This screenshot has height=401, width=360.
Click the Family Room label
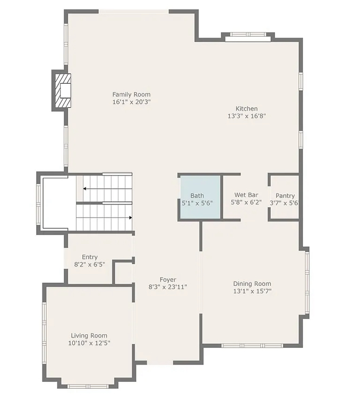coord(131,94)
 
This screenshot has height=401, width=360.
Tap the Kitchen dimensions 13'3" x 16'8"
coord(246,116)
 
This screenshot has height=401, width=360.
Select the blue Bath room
coord(200,197)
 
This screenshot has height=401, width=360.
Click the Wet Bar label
coord(246,195)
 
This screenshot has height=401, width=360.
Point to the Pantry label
coord(285,196)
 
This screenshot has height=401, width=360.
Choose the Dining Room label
coord(252,284)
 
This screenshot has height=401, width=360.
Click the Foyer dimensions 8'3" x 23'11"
coord(168,287)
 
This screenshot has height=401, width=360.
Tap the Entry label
coord(90,257)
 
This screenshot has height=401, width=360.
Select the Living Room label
coord(89,336)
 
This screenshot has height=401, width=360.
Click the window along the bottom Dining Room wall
coord(252,346)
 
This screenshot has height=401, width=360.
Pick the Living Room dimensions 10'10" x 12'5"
coord(89,343)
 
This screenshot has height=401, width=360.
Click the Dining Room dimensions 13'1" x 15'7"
coord(252,291)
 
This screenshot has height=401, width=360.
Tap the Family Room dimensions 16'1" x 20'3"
coord(131,102)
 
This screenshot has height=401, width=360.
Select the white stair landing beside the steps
coord(59,203)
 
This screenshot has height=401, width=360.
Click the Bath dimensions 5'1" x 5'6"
coord(197,203)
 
